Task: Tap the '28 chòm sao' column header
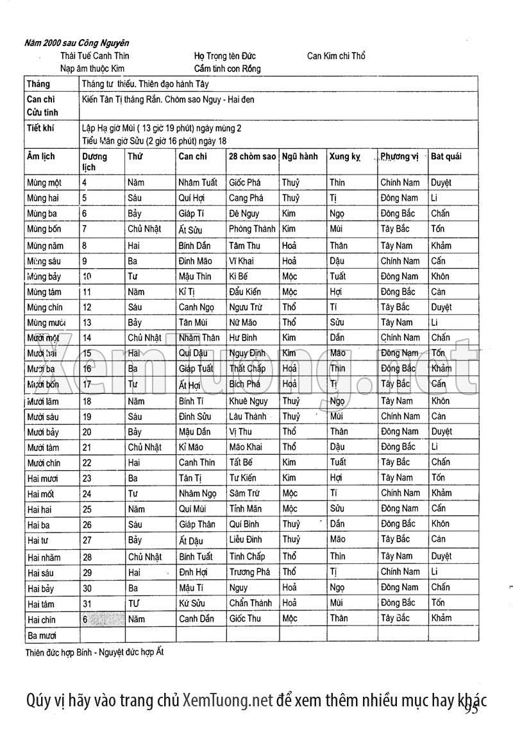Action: click(x=252, y=156)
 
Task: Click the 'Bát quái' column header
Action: click(x=446, y=156)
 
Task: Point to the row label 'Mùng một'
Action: click(x=44, y=183)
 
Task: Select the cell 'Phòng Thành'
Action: click(x=252, y=229)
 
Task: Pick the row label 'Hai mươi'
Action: click(x=42, y=478)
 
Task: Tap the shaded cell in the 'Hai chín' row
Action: click(x=101, y=619)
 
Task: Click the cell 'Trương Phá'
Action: click(x=250, y=572)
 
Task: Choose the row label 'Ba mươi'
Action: click(x=42, y=635)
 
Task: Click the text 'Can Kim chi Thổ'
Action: click(x=336, y=56)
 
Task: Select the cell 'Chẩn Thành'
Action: click(x=251, y=603)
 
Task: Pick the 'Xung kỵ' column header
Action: click(x=344, y=156)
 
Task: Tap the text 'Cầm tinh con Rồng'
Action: click(x=227, y=68)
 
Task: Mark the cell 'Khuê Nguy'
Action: click(x=249, y=401)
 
